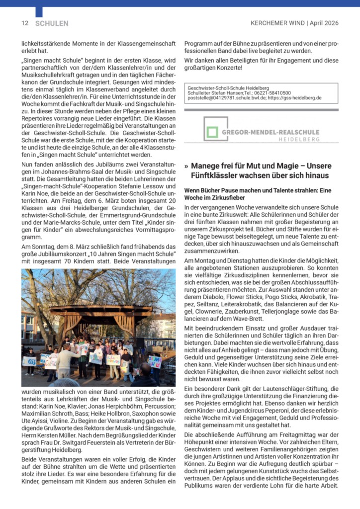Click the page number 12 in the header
click(24, 23)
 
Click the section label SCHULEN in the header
click(52, 23)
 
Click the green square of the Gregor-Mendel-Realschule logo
click(213, 132)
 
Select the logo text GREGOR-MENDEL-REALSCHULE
click(270, 132)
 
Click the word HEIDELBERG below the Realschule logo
click(299, 140)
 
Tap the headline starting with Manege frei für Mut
click(261, 170)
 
